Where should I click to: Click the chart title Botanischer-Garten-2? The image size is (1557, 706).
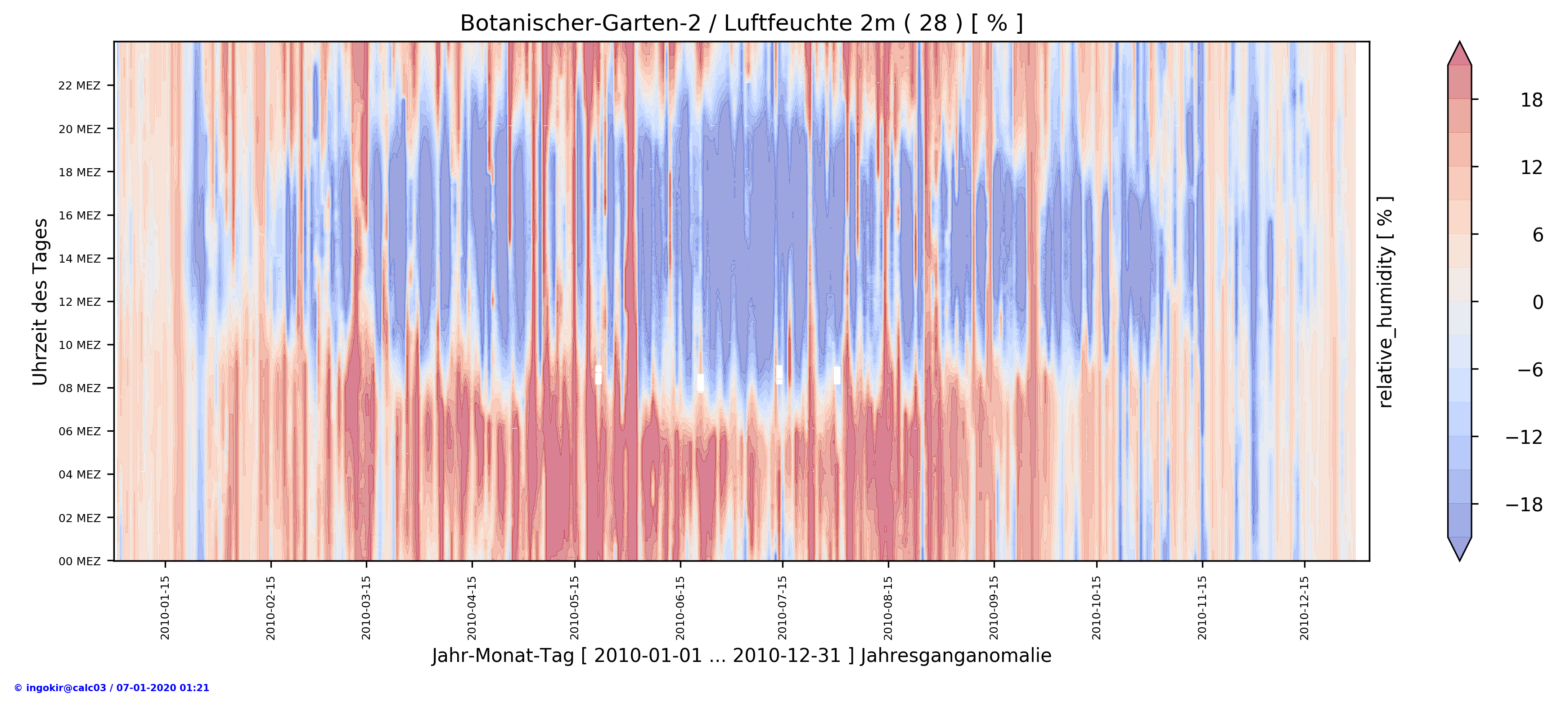[741, 23]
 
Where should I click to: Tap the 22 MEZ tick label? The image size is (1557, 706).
[79, 86]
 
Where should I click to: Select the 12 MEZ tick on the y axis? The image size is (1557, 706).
[79, 302]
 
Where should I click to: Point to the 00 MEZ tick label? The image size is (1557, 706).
[79, 561]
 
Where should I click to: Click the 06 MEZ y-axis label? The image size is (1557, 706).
[79, 431]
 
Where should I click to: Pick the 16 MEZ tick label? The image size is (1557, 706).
[79, 215]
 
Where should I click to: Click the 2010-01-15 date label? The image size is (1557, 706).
[165, 608]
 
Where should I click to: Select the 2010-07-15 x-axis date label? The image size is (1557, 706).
[783, 608]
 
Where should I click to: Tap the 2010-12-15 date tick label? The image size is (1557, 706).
[1305, 608]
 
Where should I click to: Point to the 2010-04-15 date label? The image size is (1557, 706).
[472, 608]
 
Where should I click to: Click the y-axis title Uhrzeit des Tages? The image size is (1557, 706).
[40, 302]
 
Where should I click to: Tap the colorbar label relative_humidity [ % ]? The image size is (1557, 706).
[1386, 302]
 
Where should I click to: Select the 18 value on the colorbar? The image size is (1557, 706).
[1531, 100]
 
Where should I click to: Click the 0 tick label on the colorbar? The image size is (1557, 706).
[1537, 302]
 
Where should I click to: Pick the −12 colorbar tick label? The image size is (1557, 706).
[1524, 437]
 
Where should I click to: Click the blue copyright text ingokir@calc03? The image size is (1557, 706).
[111, 688]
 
